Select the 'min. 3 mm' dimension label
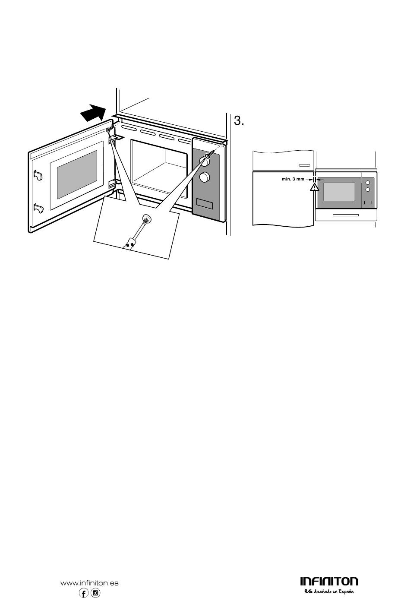coord(293,179)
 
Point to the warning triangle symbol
coord(314,187)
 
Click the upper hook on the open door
coord(38,176)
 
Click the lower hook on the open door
coord(38,209)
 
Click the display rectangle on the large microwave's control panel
coord(205,202)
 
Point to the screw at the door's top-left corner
coord(110,129)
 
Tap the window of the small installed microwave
coord(339,191)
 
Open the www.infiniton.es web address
coord(89,583)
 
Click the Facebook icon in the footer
coord(84,593)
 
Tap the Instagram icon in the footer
coord(95,593)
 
